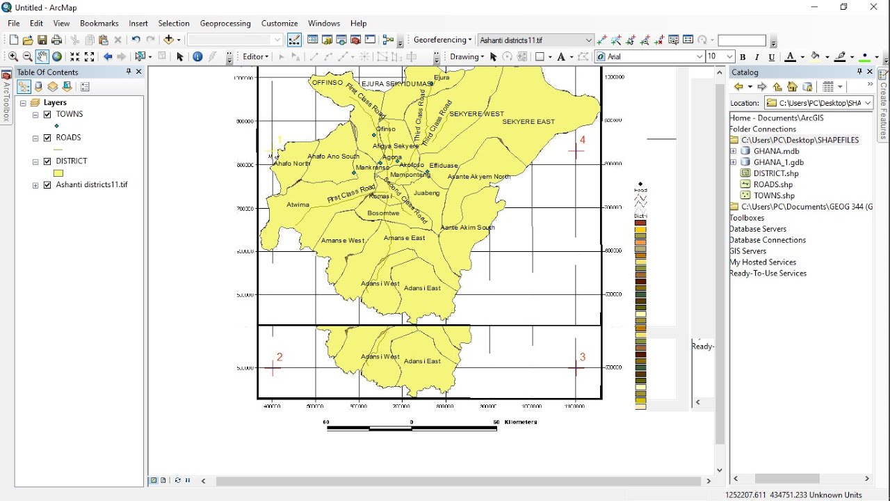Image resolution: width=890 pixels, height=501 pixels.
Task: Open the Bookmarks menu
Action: pyautogui.click(x=99, y=23)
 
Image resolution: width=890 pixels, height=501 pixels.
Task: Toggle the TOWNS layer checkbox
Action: pyautogui.click(x=47, y=115)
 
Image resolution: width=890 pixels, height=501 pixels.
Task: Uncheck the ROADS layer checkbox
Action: pyautogui.click(x=47, y=138)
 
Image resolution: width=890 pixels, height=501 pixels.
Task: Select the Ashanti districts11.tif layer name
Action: pyautogui.click(x=92, y=185)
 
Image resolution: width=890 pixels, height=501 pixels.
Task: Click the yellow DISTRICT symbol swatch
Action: pyautogui.click(x=58, y=173)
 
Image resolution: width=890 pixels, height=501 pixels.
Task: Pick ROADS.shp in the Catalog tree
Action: pyautogui.click(x=772, y=184)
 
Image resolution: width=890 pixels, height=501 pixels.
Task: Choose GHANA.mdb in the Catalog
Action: pyautogui.click(x=776, y=151)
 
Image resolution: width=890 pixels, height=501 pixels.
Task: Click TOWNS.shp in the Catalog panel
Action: pyautogui.click(x=773, y=196)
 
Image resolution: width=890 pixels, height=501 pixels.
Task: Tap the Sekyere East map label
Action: pyautogui.click(x=528, y=122)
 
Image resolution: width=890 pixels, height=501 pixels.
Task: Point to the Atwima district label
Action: pyautogui.click(x=298, y=205)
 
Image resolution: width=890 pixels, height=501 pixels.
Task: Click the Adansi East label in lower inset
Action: pyautogui.click(x=422, y=361)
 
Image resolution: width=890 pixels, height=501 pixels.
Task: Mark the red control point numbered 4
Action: pyautogui.click(x=576, y=150)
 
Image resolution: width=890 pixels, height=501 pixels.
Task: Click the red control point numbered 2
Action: pyautogui.click(x=273, y=368)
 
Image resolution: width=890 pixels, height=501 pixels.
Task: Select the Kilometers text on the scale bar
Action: pyautogui.click(x=521, y=422)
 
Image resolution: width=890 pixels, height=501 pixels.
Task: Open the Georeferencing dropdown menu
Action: pyautogui.click(x=442, y=40)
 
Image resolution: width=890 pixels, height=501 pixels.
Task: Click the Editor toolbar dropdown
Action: pyautogui.click(x=255, y=56)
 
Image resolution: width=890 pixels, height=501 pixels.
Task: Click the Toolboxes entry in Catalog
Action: pyautogui.click(x=747, y=218)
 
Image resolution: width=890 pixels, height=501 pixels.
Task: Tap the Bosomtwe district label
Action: pyautogui.click(x=383, y=213)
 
